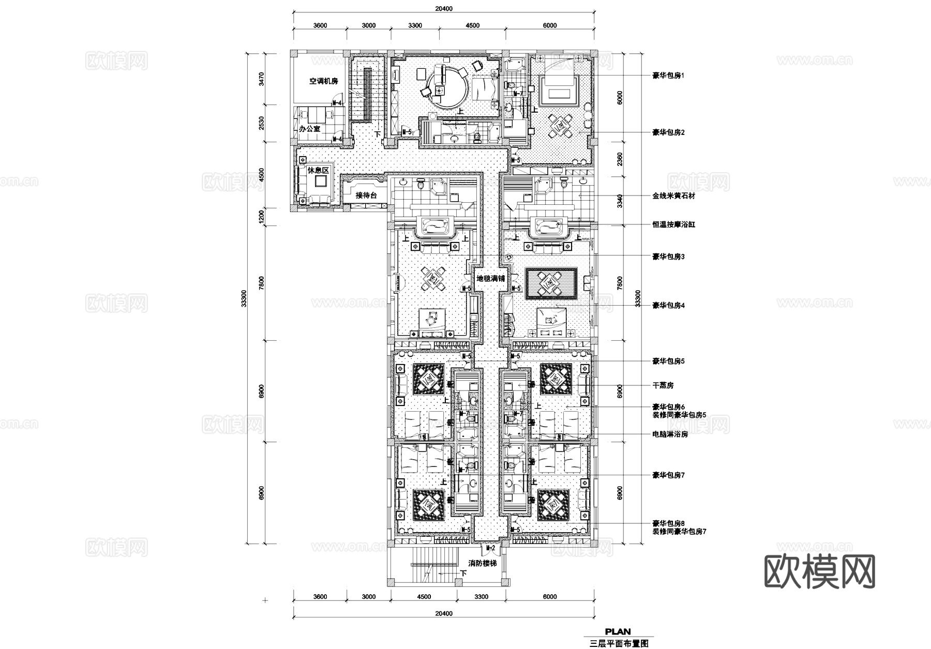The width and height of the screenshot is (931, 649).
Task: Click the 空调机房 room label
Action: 323,81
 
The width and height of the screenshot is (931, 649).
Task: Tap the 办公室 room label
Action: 310,128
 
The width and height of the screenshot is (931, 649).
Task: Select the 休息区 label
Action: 318,170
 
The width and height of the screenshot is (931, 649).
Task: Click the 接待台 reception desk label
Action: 366,195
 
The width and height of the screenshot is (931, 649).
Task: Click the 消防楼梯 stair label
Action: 483,563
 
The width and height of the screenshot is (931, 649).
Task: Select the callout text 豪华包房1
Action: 668,76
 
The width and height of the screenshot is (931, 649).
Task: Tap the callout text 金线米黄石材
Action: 673,196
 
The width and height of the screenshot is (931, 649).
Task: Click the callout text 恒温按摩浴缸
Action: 673,225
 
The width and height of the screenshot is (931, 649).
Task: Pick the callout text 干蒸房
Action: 663,385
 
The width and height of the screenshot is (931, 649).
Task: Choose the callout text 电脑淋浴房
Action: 670,434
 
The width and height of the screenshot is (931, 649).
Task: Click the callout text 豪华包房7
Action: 668,475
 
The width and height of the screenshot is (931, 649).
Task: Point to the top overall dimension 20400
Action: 443,9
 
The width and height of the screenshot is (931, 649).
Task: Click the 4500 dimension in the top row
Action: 472,25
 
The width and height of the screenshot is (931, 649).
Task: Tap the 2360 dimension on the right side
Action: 620,157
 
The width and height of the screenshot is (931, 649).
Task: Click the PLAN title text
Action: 618,631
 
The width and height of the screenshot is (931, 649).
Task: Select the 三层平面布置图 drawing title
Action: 619,644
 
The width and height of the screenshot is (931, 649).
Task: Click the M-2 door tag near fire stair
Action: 491,548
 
